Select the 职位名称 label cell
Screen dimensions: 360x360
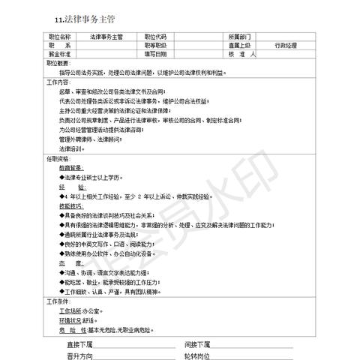click(59, 37)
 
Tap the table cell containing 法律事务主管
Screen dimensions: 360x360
click(106, 37)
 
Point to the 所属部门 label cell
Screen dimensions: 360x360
click(239, 37)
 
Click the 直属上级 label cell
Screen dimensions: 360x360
click(239, 46)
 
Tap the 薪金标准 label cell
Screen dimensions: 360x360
click(59, 55)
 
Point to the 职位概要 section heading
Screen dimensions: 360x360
click(59, 64)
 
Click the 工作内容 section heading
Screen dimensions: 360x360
click(60, 82)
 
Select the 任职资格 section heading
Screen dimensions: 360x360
click(59, 160)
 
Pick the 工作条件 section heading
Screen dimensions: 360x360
click(60, 301)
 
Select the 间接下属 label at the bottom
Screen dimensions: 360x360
click(198, 344)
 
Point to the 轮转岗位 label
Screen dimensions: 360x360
click(198, 355)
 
